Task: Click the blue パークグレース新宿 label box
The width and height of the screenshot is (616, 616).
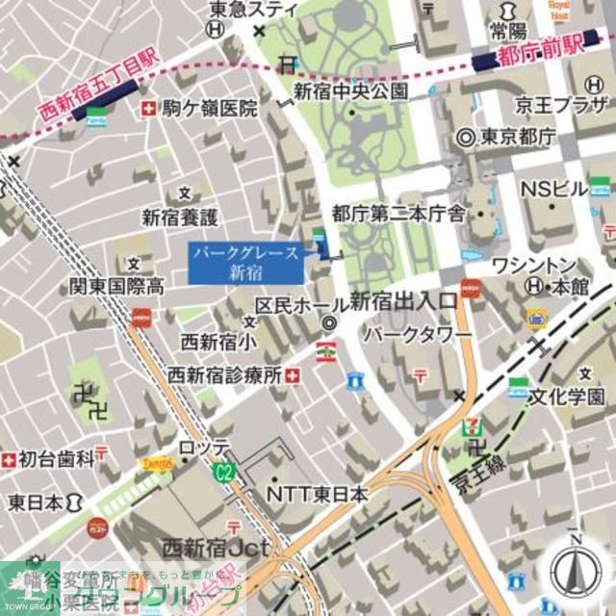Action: (246, 263)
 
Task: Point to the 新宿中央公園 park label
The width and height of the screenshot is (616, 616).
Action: (350, 92)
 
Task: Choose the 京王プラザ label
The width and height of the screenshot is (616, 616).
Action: (572, 105)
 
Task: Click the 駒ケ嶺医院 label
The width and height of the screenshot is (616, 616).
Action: (210, 109)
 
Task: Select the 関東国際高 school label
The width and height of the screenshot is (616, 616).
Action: (115, 286)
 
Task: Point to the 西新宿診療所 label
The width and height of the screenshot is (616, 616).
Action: (225, 374)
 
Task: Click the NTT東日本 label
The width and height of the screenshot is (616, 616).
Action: (318, 494)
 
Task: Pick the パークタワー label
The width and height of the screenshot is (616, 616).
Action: (417, 334)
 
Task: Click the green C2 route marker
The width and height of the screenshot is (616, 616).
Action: (224, 471)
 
